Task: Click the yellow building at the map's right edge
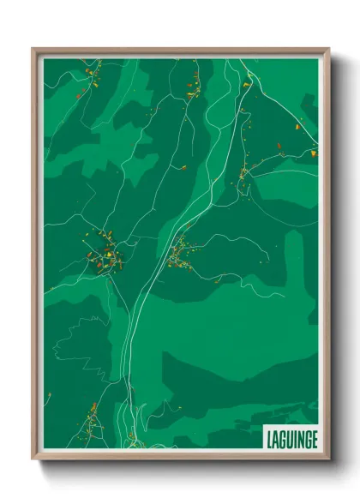pyautogui.click(x=313, y=153)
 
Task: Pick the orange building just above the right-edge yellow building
pyautogui.click(x=299, y=126)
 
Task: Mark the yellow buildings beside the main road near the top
pyautogui.click(x=246, y=85)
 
